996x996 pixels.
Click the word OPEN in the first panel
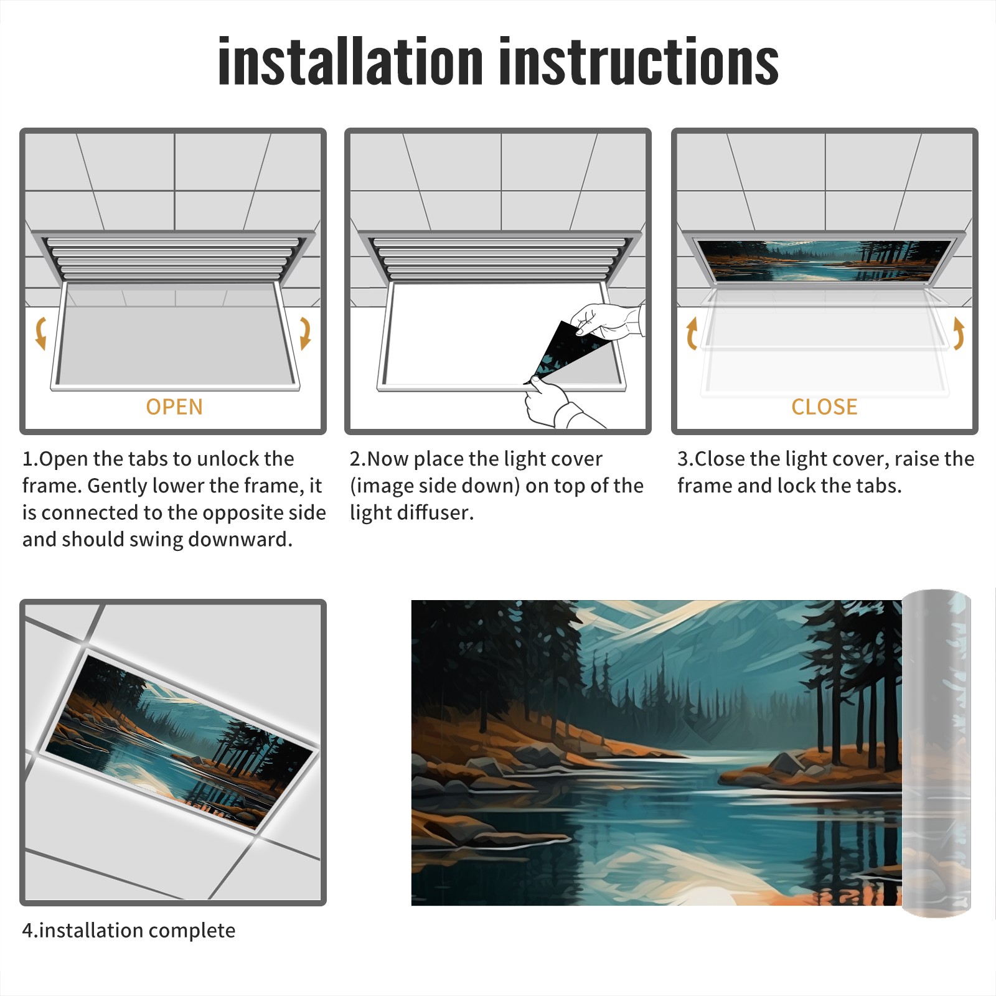pyautogui.click(x=174, y=407)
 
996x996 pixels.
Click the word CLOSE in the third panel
pyautogui.click(x=824, y=407)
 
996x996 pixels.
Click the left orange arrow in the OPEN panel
pyautogui.click(x=40, y=333)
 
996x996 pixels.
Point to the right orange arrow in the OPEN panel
pyautogui.click(x=306, y=333)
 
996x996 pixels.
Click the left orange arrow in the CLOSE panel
pyautogui.click(x=692, y=333)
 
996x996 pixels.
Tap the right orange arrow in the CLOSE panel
pyautogui.click(x=959, y=333)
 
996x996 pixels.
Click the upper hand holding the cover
pyautogui.click(x=607, y=321)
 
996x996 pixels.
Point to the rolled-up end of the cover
pyautogui.click(x=936, y=753)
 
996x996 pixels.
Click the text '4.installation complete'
pyautogui.click(x=129, y=930)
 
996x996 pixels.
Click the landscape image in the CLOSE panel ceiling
pyautogui.click(x=824, y=260)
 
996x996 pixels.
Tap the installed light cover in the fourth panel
pyautogui.click(x=181, y=741)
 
